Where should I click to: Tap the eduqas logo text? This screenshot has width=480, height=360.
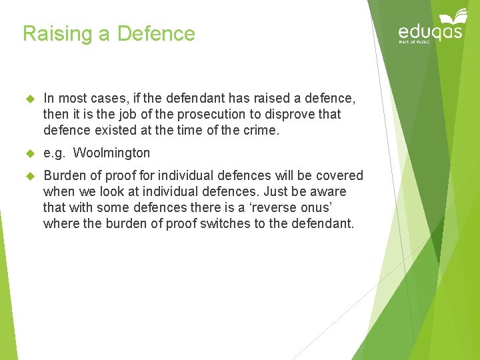[430, 32]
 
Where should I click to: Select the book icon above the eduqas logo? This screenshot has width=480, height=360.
[452, 15]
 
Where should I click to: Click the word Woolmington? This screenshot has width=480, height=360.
[111, 153]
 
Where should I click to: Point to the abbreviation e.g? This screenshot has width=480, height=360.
[54, 153]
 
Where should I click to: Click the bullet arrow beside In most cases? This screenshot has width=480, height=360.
[29, 99]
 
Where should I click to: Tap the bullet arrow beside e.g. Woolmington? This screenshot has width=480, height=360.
[29, 153]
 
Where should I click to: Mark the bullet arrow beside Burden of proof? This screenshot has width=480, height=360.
[29, 176]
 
